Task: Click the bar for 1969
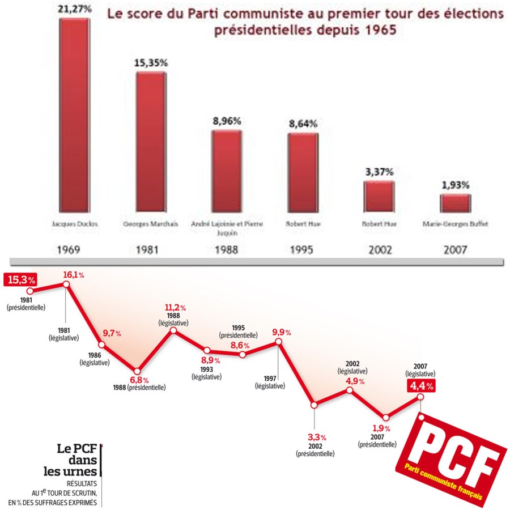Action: pyautogui.click(x=74, y=113)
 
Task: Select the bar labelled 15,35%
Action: pyautogui.click(x=151, y=142)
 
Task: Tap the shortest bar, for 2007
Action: pyautogui.click(x=455, y=203)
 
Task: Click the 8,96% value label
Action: pyautogui.click(x=227, y=121)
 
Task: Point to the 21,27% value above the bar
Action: pyautogui.click(x=74, y=8)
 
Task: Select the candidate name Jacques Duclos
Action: pyautogui.click(x=74, y=224)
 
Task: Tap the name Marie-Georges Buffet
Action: pyautogui.click(x=455, y=224)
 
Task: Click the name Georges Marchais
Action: pyautogui.click(x=151, y=224)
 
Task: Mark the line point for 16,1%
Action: pyautogui.click(x=66, y=284)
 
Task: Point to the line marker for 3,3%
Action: pyautogui.click(x=314, y=405)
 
